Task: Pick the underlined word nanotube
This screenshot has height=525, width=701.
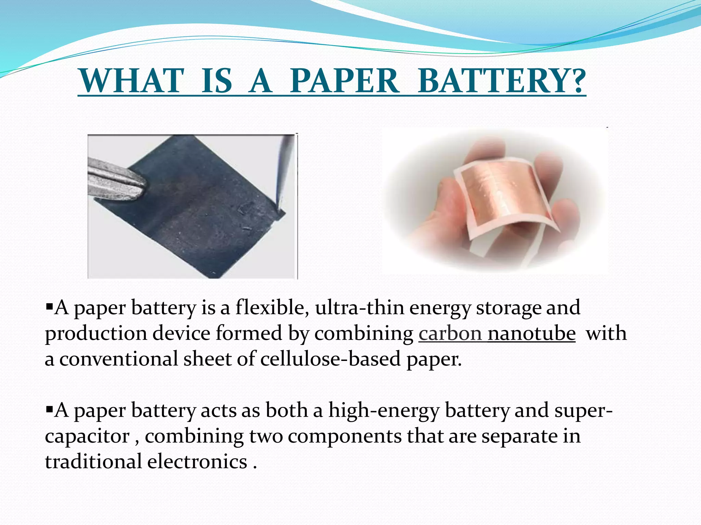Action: (x=531, y=334)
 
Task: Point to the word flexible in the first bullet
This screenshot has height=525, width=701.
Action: (x=270, y=308)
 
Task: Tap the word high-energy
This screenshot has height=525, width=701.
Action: (x=384, y=410)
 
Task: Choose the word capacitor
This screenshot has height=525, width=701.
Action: (x=87, y=436)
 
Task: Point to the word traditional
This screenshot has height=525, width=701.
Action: (x=93, y=462)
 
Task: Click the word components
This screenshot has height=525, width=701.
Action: (x=344, y=436)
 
